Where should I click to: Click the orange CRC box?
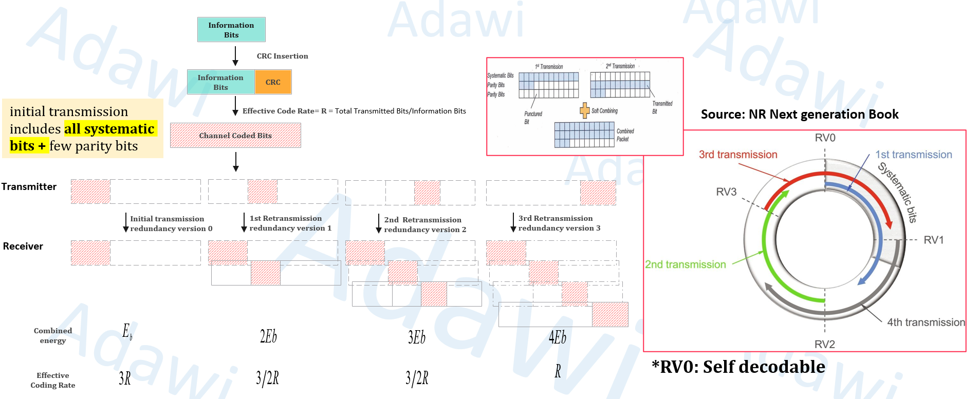click(273, 82)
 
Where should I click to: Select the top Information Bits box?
click(231, 30)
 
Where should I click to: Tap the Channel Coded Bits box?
click(235, 136)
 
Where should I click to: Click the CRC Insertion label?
click(282, 56)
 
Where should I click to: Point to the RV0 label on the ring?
click(825, 138)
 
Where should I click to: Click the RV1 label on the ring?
click(933, 240)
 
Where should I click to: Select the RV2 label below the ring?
click(824, 344)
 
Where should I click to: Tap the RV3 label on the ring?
click(726, 192)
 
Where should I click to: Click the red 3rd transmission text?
click(737, 155)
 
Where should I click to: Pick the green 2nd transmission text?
click(685, 264)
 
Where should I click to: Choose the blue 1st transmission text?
click(913, 155)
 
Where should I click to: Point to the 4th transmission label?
click(926, 322)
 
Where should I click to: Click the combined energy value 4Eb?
click(557, 337)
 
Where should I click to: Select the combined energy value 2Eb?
click(268, 336)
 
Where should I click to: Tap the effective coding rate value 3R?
click(125, 379)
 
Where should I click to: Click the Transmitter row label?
click(29, 186)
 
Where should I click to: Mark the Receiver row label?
click(23, 246)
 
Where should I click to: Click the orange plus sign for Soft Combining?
click(584, 110)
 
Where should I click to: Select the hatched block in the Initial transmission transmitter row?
click(90, 192)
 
